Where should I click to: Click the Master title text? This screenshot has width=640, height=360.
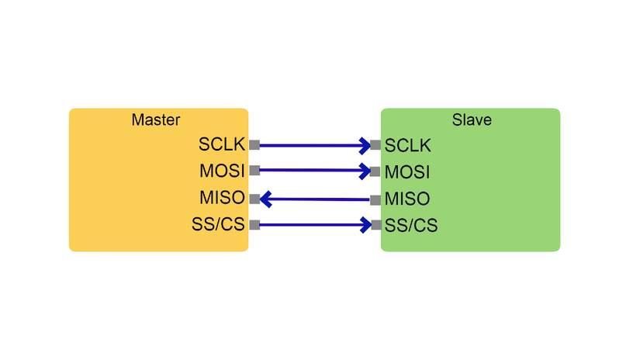coord(156,120)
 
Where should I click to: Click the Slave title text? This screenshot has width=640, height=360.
coord(472,120)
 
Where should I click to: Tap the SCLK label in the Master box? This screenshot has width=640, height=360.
coord(222,144)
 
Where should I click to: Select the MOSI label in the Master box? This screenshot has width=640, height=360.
coord(222,171)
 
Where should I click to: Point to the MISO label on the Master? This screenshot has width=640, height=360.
coord(222,198)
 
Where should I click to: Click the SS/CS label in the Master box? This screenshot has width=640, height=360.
coord(218,225)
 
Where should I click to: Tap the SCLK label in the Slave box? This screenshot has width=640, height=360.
coord(408,145)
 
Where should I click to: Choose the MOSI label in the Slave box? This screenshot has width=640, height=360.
coord(407,171)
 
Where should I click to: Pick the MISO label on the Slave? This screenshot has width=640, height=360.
coord(407,199)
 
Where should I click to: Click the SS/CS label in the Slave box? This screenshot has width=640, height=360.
coord(411,226)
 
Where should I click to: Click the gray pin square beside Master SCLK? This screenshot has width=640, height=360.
coord(254,144)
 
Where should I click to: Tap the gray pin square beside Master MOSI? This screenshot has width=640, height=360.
coord(254,171)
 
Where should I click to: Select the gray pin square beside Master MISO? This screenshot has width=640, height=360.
coord(254,199)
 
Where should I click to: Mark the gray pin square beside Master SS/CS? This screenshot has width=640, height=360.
coord(254,225)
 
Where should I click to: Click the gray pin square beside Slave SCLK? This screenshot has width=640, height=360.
coord(375,145)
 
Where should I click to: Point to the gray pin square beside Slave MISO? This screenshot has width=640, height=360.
coord(375,199)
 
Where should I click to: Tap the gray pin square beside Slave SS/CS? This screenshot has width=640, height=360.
coord(375,226)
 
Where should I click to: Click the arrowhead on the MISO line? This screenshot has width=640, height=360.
coord(266,199)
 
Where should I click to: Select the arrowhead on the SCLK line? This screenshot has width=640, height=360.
coord(365,145)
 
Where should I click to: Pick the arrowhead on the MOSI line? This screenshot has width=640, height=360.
coord(365,171)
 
